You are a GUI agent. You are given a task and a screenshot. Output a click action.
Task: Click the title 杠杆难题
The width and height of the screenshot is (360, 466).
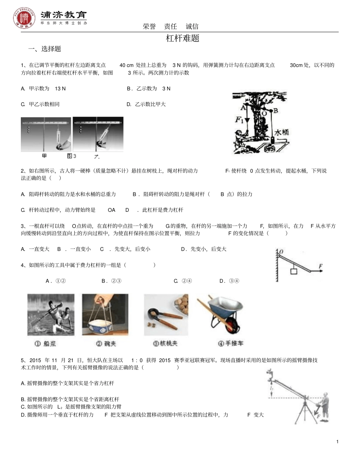pos(183,38)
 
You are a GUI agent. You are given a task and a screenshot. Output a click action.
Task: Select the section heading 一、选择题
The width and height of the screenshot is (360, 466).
pos(45,49)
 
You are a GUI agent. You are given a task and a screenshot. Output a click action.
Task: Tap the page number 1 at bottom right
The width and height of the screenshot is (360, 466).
pos(337,442)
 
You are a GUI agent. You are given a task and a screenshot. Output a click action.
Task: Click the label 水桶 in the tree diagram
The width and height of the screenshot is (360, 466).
pos(282,133)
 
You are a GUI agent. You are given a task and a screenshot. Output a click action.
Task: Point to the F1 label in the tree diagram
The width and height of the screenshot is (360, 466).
pos(239,120)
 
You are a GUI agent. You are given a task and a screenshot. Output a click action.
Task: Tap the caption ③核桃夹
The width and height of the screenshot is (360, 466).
pos(165,344)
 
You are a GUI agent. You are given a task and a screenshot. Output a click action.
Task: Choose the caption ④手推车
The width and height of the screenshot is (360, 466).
pos(231,344)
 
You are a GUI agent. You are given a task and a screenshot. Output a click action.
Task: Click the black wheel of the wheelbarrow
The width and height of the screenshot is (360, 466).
pos(232,325)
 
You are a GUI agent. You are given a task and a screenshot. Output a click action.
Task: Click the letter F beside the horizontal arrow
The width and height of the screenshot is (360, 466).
pos(320,267)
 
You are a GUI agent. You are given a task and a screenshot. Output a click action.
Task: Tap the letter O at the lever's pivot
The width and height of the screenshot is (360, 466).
pos(281,252)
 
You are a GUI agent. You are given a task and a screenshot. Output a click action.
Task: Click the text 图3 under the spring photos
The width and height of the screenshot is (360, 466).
pos(71,156)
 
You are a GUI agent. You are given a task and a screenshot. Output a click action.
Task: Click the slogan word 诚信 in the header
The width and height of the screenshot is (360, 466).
pos(192,27)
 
